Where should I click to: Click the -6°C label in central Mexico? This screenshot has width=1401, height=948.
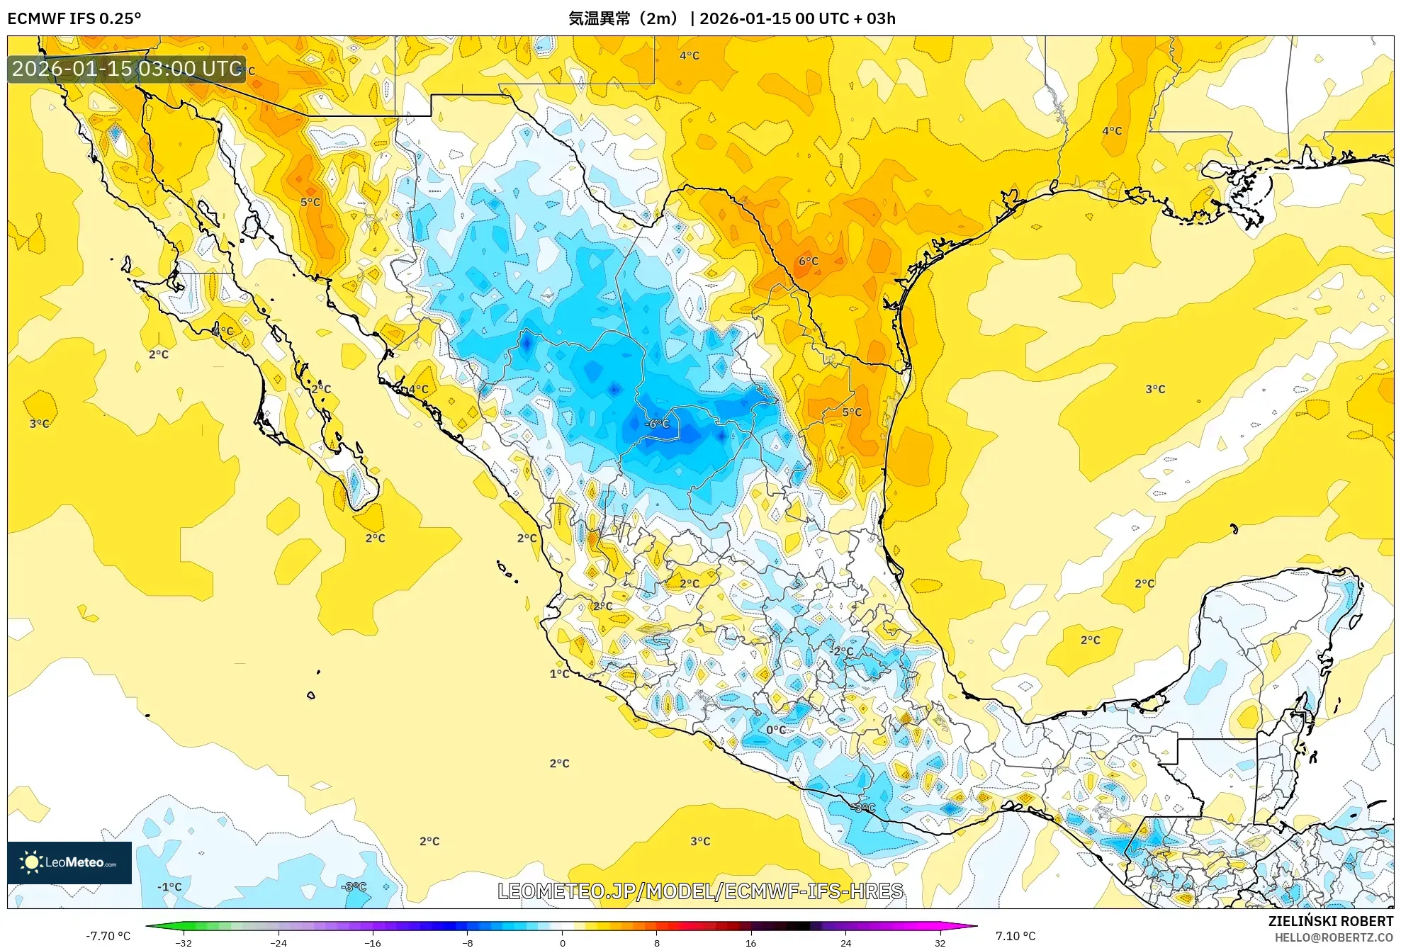click(658, 424)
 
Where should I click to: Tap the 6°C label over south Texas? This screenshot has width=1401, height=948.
click(809, 261)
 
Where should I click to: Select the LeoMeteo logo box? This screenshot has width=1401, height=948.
click(69, 862)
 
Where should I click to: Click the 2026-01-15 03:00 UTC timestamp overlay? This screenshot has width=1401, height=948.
click(127, 69)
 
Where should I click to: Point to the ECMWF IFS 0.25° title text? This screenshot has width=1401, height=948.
click(74, 18)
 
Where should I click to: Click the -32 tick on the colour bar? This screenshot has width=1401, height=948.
click(184, 942)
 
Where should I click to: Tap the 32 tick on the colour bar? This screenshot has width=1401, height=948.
click(940, 942)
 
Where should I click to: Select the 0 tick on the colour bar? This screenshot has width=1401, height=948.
click(562, 942)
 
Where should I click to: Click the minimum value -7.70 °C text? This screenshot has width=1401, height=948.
click(108, 936)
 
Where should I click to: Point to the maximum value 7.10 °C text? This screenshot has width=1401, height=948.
click(1015, 936)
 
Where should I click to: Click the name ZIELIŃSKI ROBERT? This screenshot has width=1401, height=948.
click(1330, 921)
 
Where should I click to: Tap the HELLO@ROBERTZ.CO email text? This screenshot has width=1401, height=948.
click(1334, 937)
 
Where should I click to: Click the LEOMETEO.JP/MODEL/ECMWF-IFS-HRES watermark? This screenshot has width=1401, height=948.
click(700, 891)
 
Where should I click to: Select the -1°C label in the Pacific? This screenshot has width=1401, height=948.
click(169, 886)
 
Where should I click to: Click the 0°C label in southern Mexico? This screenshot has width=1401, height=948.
click(776, 730)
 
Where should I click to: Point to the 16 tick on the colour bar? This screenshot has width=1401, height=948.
click(751, 942)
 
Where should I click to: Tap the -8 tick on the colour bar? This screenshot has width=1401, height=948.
click(468, 942)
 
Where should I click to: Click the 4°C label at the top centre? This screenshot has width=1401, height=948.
click(690, 55)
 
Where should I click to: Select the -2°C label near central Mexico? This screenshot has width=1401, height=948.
click(842, 651)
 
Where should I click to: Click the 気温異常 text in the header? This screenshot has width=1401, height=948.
click(600, 18)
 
